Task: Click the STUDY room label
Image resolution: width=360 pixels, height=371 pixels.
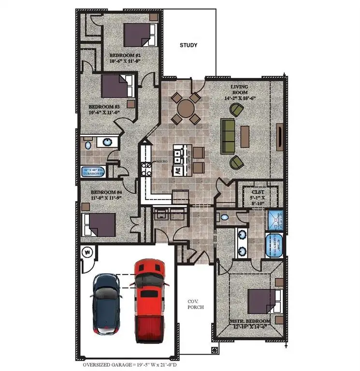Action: pyautogui.click(x=188, y=45)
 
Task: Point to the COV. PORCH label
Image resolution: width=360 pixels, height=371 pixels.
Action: pyautogui.click(x=195, y=304)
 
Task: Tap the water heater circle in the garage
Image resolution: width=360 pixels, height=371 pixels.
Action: pyautogui.click(x=88, y=252)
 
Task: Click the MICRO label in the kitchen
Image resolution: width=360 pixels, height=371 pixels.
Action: pyautogui.click(x=161, y=163)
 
